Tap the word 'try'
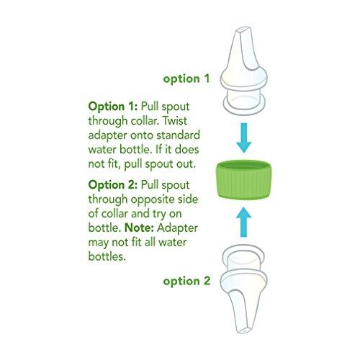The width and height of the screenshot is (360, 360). click(x=172, y=214)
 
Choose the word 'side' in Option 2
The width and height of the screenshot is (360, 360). click(x=189, y=199)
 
